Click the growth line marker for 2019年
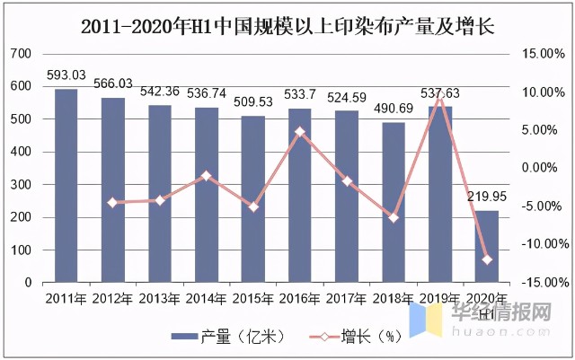(439, 95)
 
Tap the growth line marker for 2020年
(486, 259)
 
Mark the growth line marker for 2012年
(113, 203)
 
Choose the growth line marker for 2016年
(300, 132)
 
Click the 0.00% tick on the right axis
(542, 168)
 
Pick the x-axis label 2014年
(207, 298)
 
